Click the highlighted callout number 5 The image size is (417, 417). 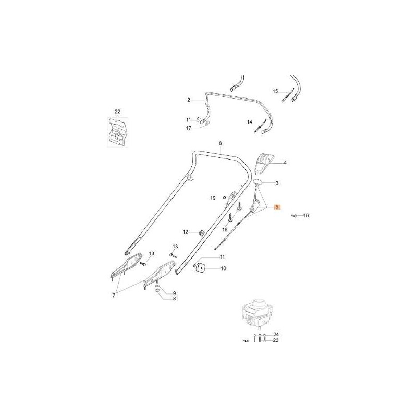pos(277,207)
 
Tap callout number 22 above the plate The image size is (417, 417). pos(117,112)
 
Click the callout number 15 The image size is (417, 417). pos(276,91)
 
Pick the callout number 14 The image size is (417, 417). pos(250,122)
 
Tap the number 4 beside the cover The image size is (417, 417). pos(285,163)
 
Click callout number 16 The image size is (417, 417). pos(305,215)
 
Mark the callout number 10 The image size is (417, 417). pos(223,269)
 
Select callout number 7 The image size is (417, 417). pos(114,296)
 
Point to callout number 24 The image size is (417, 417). pos(276,334)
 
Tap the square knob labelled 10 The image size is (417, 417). pos(201,267)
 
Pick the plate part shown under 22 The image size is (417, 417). pos(117,133)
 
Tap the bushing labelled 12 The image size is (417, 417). pos(200,231)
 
